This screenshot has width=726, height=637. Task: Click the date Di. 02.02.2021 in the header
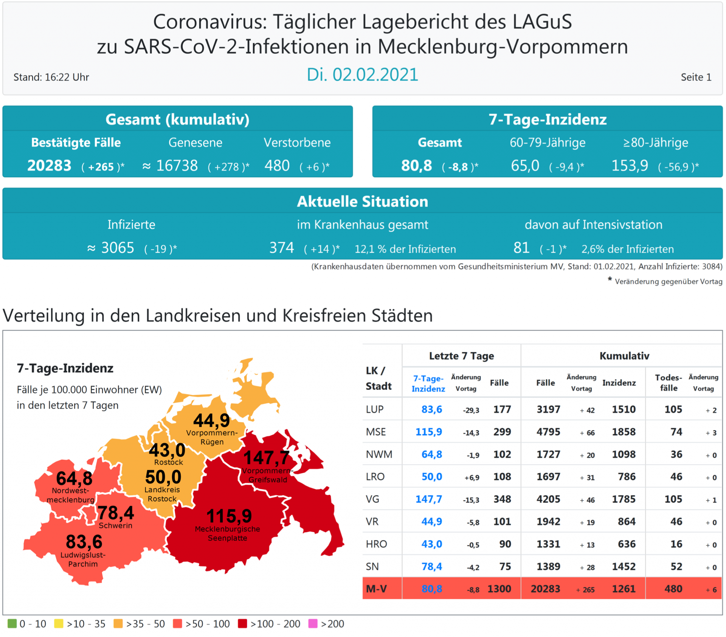click(x=362, y=74)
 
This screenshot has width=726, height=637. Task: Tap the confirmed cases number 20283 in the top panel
click(x=49, y=166)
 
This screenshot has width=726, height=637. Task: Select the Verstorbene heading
click(x=297, y=143)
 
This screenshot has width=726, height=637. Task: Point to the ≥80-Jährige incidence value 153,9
click(x=630, y=166)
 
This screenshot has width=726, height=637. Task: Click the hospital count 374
click(x=281, y=248)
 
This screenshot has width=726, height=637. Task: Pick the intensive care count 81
click(x=521, y=248)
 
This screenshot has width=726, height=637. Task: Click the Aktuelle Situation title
click(x=362, y=201)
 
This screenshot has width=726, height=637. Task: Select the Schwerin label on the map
click(x=115, y=525)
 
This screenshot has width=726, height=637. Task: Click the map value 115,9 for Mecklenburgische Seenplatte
click(x=229, y=516)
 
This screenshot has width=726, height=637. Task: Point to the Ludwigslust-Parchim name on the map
click(x=83, y=560)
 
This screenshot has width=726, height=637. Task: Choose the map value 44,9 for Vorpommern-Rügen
click(x=211, y=420)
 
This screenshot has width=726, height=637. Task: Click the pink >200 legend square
click(x=313, y=623)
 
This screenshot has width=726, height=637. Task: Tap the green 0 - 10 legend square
click(x=12, y=623)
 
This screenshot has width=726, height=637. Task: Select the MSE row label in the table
click(x=376, y=432)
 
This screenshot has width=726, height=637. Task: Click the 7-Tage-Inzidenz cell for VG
click(x=428, y=499)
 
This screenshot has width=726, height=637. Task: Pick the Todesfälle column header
click(x=668, y=383)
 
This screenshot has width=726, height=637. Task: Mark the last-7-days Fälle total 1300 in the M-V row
click(x=499, y=589)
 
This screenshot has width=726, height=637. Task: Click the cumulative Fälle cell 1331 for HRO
click(x=548, y=544)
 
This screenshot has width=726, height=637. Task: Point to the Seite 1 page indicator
click(x=696, y=77)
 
